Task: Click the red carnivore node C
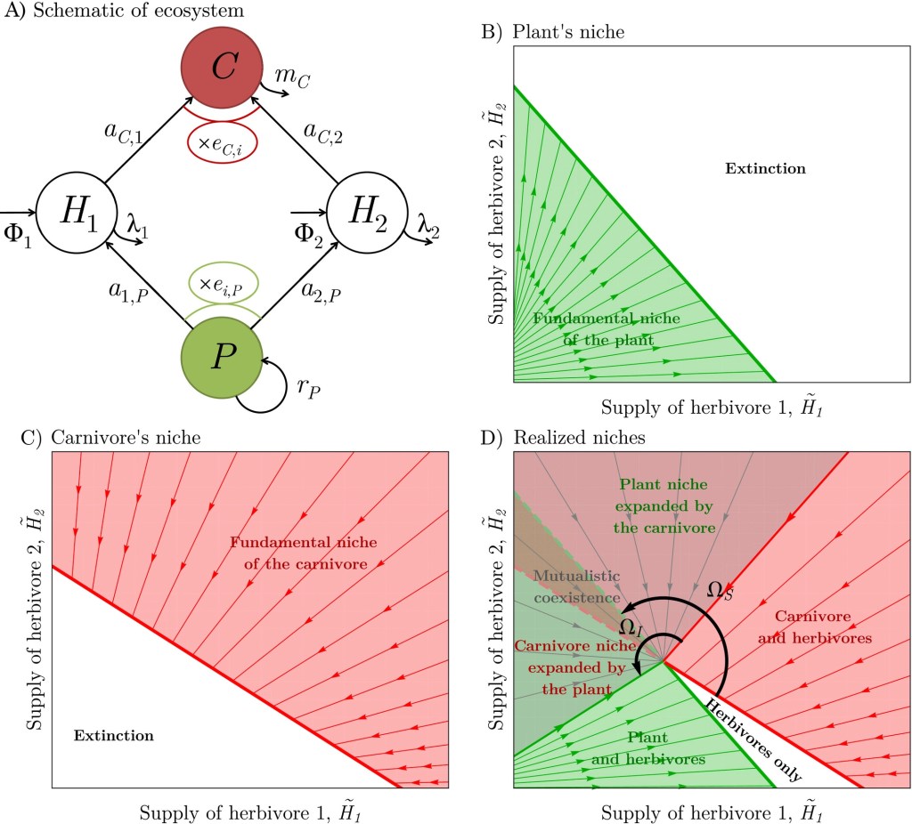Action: click(x=222, y=69)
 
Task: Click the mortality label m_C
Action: click(x=292, y=78)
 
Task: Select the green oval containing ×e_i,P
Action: click(x=222, y=285)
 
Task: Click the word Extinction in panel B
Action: click(x=765, y=168)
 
